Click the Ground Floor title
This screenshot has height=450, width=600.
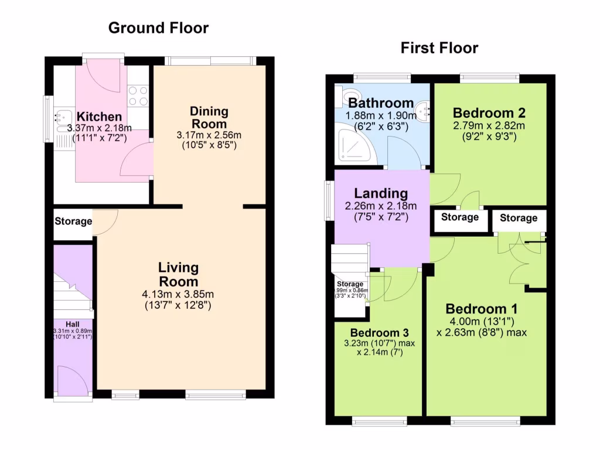pos(158,28)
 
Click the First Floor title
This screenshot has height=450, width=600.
pos(439,48)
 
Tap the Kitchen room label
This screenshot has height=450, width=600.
pos(100,117)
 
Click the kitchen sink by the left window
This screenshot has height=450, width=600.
pos(61,120)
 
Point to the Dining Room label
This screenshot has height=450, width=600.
pos(209,117)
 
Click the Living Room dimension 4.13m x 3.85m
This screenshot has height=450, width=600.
pos(178,294)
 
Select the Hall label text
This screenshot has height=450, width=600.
pos(72,324)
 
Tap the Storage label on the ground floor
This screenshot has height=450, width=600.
pos(73,221)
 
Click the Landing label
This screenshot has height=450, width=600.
pos(381,193)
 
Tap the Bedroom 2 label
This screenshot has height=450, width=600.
pos(489,113)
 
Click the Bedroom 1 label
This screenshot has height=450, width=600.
pos(481,309)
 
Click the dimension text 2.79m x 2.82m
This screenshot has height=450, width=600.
pos(489,126)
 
